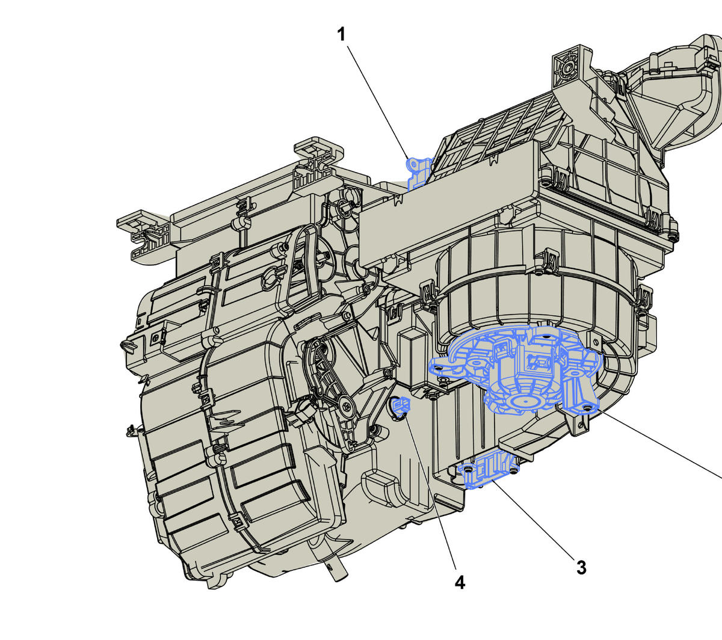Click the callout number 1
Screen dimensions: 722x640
[x=341, y=35]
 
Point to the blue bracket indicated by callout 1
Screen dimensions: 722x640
[x=418, y=173]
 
